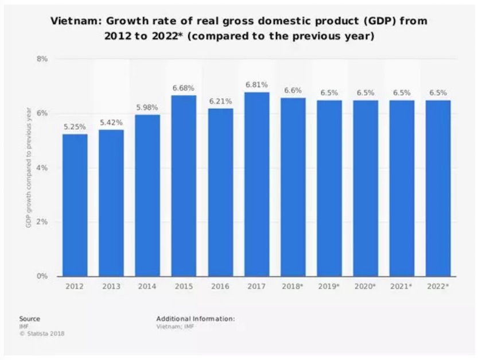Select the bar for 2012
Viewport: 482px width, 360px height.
pos(75,205)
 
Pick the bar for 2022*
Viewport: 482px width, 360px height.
pos(438,188)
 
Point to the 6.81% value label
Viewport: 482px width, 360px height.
pos(256,85)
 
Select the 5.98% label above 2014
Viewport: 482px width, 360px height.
pos(148,107)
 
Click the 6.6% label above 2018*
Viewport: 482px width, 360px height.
pos(293,91)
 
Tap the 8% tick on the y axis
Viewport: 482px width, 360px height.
pos(42,59)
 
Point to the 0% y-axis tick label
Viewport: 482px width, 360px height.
pos(42,276)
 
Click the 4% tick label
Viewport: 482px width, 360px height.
pos(42,168)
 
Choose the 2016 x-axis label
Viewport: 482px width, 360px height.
pos(220,287)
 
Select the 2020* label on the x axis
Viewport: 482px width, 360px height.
pos(366,287)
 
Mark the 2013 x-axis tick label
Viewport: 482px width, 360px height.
pos(111,287)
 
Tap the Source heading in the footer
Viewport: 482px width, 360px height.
pos(29,318)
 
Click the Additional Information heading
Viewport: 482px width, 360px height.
pos(195,318)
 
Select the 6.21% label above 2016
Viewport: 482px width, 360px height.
pos(220,101)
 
